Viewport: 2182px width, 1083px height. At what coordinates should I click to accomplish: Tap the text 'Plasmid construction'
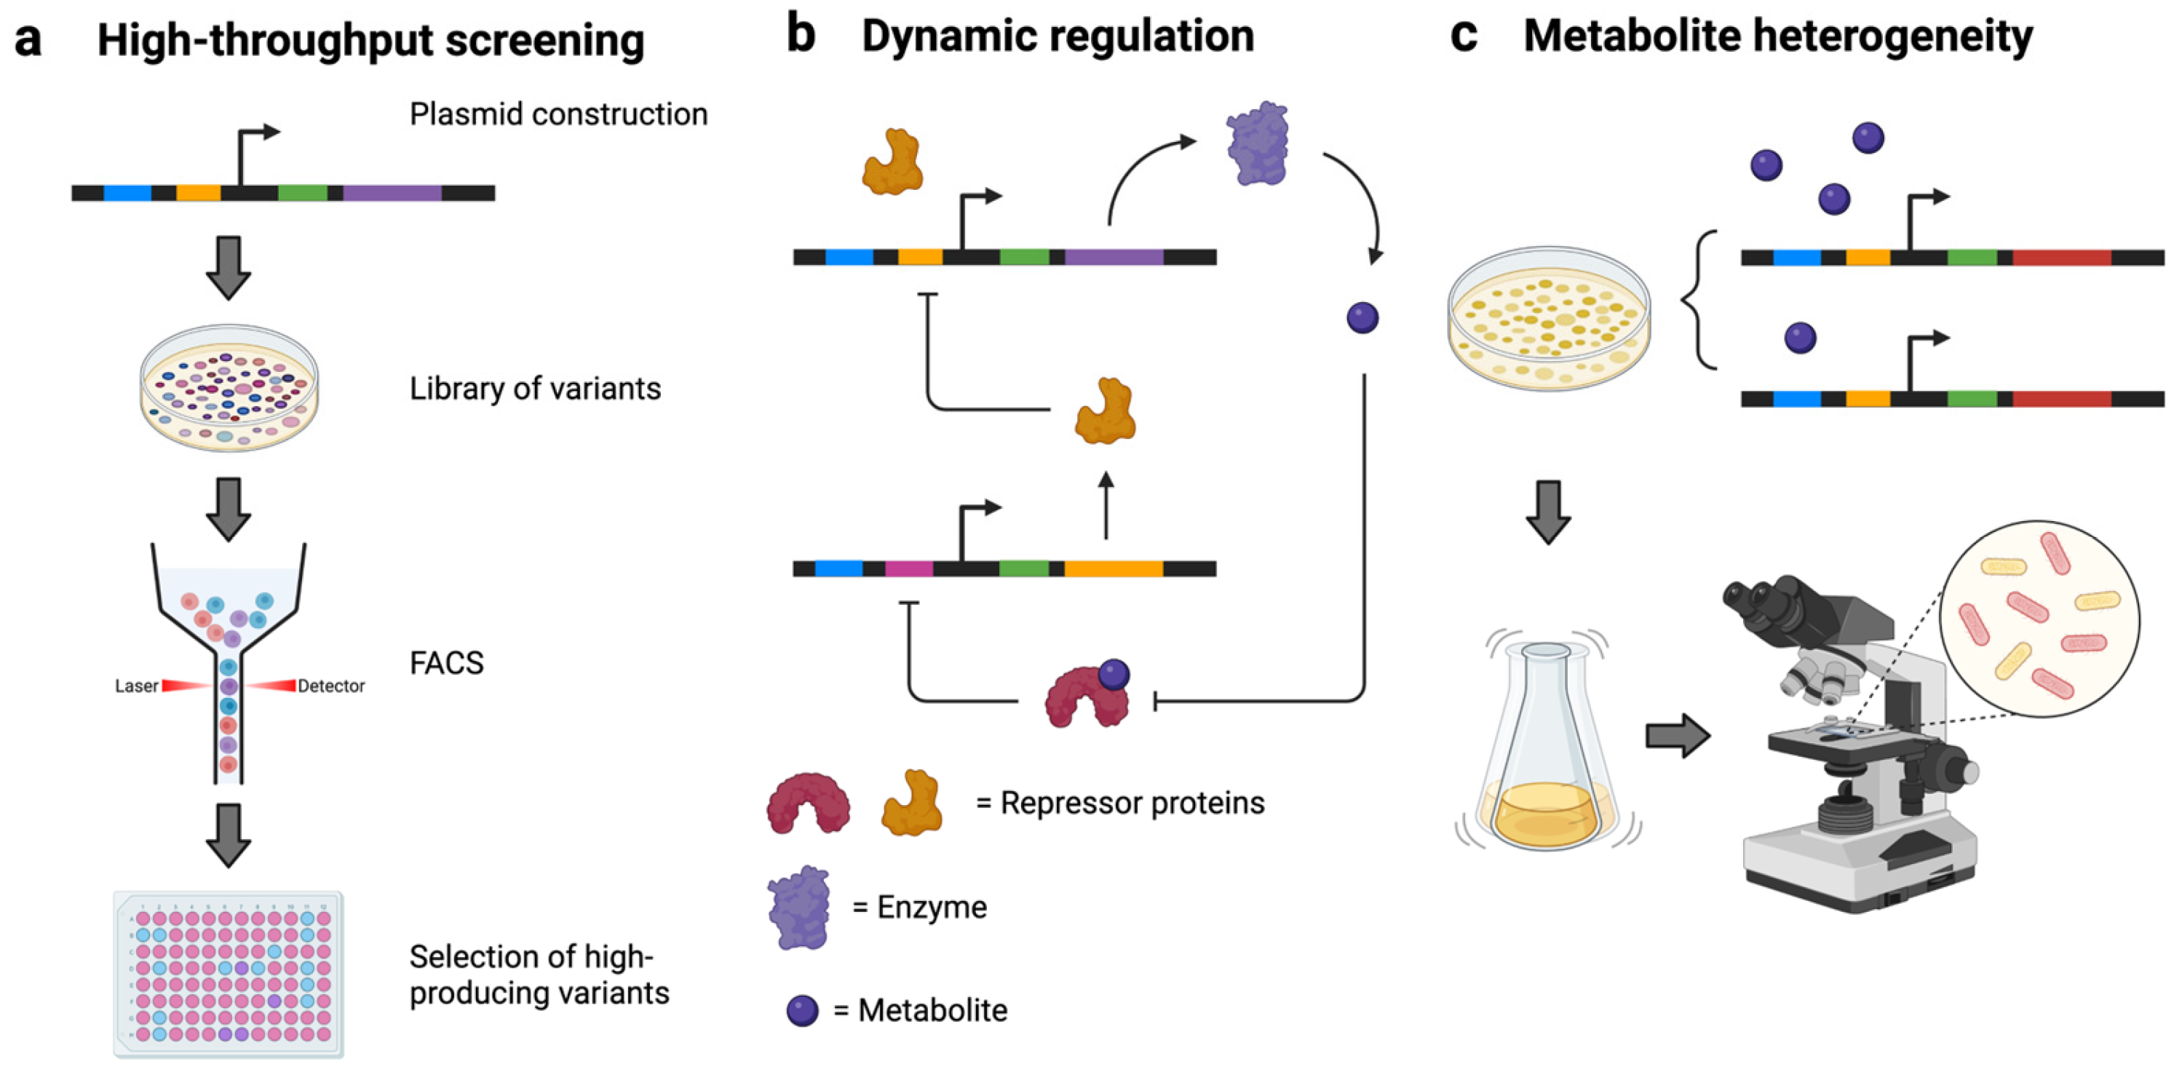[558, 114]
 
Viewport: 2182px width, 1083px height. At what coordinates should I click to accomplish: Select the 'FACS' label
[446, 663]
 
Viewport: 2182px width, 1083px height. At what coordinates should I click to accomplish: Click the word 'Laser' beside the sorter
[136, 686]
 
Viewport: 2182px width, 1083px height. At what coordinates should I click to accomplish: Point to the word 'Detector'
[331, 686]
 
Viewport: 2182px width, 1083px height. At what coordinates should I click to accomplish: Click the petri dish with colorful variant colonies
[229, 387]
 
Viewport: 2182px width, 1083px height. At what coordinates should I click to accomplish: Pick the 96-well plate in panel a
[229, 974]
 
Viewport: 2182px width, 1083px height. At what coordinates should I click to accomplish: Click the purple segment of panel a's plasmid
[392, 193]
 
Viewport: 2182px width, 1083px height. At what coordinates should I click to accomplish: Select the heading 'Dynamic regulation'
[1057, 36]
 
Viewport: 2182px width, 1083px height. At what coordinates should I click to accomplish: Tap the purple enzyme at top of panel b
[1258, 143]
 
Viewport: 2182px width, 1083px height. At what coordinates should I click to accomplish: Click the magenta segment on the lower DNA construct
[909, 568]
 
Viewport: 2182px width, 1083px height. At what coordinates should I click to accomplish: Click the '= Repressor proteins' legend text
[1120, 803]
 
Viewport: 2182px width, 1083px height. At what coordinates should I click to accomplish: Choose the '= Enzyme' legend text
[919, 907]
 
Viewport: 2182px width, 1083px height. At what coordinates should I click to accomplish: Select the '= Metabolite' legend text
[921, 1010]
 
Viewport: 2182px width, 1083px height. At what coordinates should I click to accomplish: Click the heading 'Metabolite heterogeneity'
[1777, 36]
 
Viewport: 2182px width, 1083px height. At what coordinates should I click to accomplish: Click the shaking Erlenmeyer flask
[1547, 750]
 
